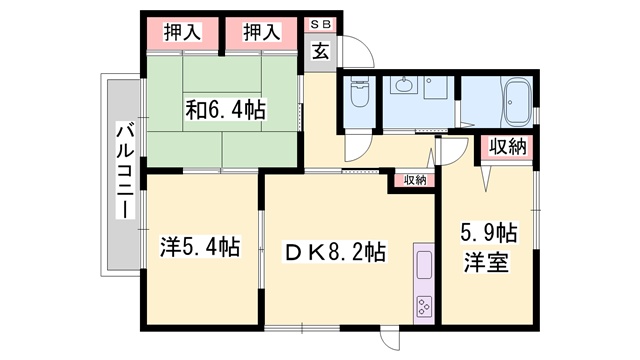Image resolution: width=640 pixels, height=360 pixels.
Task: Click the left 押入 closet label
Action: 182,33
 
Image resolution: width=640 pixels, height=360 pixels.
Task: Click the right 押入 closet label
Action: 262,33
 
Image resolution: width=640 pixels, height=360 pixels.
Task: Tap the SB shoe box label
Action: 320,24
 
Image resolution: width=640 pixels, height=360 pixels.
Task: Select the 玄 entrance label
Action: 321,51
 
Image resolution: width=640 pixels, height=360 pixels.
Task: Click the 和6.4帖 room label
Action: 226,109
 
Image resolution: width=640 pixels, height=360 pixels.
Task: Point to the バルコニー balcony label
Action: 125,172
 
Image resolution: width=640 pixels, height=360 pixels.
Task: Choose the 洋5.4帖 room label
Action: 200,247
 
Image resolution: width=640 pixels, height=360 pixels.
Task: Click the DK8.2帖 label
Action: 335,252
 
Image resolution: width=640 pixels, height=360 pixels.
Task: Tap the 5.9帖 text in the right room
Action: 489,233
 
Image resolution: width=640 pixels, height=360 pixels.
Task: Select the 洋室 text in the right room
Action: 486,262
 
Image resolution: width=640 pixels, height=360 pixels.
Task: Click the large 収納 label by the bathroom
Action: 508,147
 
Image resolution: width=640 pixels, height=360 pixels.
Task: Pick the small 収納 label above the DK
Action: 415,180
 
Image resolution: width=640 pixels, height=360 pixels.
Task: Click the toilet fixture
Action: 360,92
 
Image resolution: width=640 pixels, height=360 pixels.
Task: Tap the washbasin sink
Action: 403,84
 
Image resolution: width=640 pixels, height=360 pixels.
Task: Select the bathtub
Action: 518,102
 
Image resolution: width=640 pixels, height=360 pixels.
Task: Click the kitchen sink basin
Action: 424,265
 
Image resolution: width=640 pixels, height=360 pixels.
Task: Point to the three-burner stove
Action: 424,306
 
